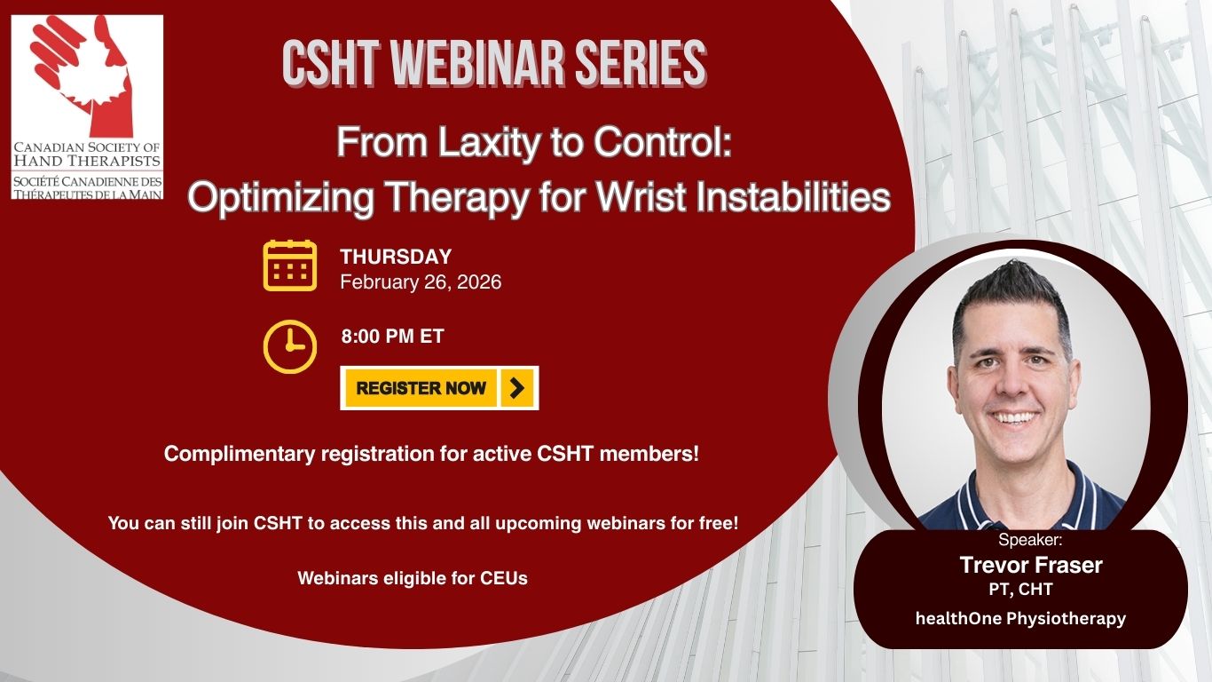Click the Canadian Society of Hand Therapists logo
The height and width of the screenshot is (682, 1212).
click(87, 107)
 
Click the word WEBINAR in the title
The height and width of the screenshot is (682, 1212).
click(456, 64)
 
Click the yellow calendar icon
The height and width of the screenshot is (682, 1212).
click(290, 266)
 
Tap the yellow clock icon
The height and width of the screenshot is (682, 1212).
click(290, 346)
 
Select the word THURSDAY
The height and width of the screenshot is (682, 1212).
click(396, 257)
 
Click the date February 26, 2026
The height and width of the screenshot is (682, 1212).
click(421, 282)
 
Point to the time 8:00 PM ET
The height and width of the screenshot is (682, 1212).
click(392, 337)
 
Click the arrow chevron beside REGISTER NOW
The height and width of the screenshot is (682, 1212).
click(517, 388)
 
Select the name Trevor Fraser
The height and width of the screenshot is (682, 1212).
click(1030, 565)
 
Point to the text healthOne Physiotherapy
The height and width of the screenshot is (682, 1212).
click(1020, 618)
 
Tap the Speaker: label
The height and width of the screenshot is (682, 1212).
click(1029, 540)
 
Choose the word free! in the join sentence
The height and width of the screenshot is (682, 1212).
click(716, 523)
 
